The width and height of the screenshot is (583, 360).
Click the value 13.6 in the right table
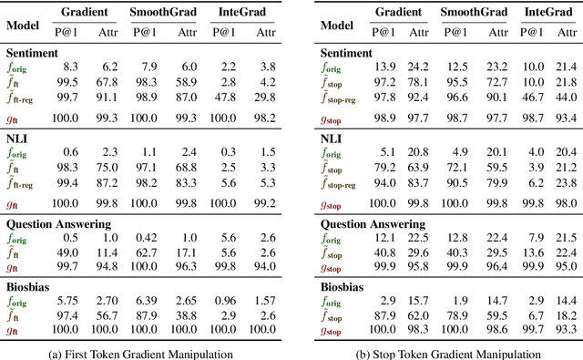click(x=534, y=252)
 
